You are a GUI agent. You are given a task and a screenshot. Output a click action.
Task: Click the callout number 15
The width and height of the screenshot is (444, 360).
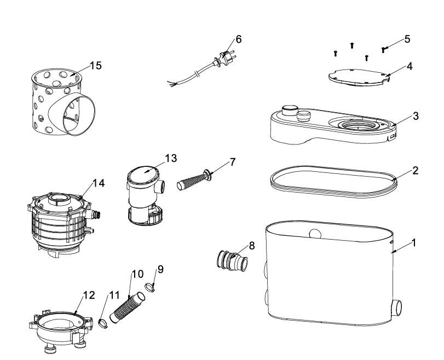point(96,65)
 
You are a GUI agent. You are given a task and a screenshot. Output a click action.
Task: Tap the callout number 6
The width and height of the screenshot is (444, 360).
point(239,39)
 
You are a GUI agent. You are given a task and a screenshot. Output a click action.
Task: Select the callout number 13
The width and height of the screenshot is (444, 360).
point(171,158)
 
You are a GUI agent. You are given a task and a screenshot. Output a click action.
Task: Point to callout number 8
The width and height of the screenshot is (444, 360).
point(252,246)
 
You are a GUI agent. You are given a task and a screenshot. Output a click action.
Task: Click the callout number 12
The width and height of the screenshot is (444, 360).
point(89,295)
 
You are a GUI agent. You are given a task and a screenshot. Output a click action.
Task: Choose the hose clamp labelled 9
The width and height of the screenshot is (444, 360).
point(150,288)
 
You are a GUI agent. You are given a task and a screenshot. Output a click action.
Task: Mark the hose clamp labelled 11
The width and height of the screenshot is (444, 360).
point(103,323)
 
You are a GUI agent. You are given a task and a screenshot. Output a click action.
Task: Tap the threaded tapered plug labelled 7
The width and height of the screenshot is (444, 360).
point(194,179)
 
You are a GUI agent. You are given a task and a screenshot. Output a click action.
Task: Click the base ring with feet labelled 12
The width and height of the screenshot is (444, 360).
point(61,331)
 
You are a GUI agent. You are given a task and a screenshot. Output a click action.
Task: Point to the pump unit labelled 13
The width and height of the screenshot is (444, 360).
point(145,195)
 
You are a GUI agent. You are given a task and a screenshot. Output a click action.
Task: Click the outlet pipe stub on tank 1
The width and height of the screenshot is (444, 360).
point(396,308)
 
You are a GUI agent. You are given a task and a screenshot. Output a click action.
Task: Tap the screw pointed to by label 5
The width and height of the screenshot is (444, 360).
point(383,50)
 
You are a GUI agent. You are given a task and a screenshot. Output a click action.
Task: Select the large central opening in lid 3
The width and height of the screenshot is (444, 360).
point(358,125)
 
